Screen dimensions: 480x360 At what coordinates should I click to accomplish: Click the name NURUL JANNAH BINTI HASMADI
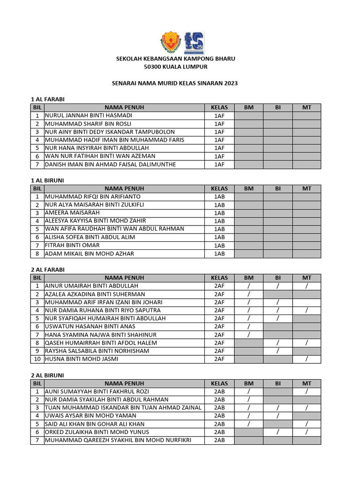point(89,115)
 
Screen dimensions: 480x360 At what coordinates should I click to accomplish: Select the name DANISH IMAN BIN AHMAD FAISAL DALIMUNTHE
point(110,164)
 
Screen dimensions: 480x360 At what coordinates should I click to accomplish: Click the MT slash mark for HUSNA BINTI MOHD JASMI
point(307,359)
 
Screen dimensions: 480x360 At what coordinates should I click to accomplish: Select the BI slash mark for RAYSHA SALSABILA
point(278,351)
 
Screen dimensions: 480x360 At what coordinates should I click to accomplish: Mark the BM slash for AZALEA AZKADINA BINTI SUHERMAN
point(249,294)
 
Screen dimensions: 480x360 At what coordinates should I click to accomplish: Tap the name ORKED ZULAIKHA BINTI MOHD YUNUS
point(97,432)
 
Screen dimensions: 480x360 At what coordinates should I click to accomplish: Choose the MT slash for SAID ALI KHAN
point(307,424)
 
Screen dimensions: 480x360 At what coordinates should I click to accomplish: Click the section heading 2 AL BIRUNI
point(47,375)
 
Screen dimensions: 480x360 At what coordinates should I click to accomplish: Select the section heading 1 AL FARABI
point(47,99)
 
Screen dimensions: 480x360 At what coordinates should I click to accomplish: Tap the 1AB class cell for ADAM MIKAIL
point(219,254)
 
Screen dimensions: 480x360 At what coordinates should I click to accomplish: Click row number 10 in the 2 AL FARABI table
point(37,359)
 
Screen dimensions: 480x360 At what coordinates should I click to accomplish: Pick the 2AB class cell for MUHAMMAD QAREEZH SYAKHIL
point(219,440)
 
